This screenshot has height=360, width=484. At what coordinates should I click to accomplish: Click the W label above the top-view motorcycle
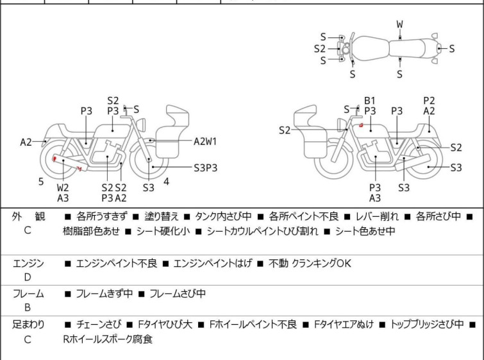(400, 24)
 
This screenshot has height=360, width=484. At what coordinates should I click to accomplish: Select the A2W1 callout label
(205, 142)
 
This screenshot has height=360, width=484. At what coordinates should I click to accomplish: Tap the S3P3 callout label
(206, 167)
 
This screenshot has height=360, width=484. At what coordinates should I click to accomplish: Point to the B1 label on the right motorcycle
(370, 101)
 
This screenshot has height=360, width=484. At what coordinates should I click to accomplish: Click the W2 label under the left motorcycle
(63, 187)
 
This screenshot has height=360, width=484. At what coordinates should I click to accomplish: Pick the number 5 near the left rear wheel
(41, 182)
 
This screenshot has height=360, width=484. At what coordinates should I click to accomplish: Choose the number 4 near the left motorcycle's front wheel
(167, 182)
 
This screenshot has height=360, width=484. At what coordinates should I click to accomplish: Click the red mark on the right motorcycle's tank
(360, 125)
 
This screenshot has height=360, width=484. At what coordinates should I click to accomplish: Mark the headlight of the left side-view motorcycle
(141, 125)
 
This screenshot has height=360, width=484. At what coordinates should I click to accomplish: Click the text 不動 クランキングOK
(310, 263)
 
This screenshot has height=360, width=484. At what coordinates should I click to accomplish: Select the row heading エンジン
(28, 264)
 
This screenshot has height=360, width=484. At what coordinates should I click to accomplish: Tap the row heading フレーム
(28, 293)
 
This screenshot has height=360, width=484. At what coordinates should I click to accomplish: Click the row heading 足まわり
(28, 325)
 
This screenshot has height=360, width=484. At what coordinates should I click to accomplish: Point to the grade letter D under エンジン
(28, 277)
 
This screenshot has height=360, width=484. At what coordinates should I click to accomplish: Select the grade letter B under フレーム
(28, 307)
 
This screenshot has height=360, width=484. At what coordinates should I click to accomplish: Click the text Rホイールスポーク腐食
(108, 339)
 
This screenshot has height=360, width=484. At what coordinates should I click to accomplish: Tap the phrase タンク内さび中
(223, 216)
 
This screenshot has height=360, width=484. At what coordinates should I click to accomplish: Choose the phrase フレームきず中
(104, 293)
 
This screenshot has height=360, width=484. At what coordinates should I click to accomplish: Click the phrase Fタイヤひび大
(165, 325)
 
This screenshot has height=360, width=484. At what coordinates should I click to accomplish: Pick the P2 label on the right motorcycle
(429, 101)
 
